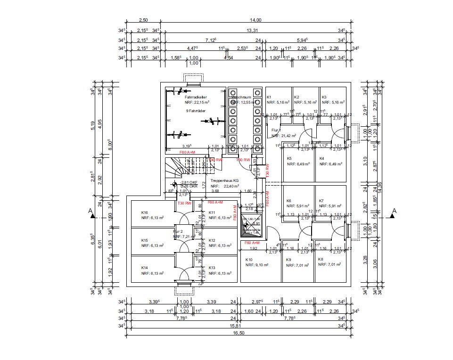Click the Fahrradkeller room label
coord(196,97)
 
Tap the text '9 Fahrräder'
coord(196,111)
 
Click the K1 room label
coord(269,97)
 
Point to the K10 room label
coord(249,260)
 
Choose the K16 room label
coord(145,213)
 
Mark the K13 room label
coord(212,267)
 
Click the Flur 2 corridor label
coord(178,231)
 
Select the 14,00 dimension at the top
coord(255,20)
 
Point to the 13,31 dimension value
coord(253,30)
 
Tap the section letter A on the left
coord(90,211)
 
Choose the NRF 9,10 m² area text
coord(257,265)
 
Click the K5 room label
coord(289,158)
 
